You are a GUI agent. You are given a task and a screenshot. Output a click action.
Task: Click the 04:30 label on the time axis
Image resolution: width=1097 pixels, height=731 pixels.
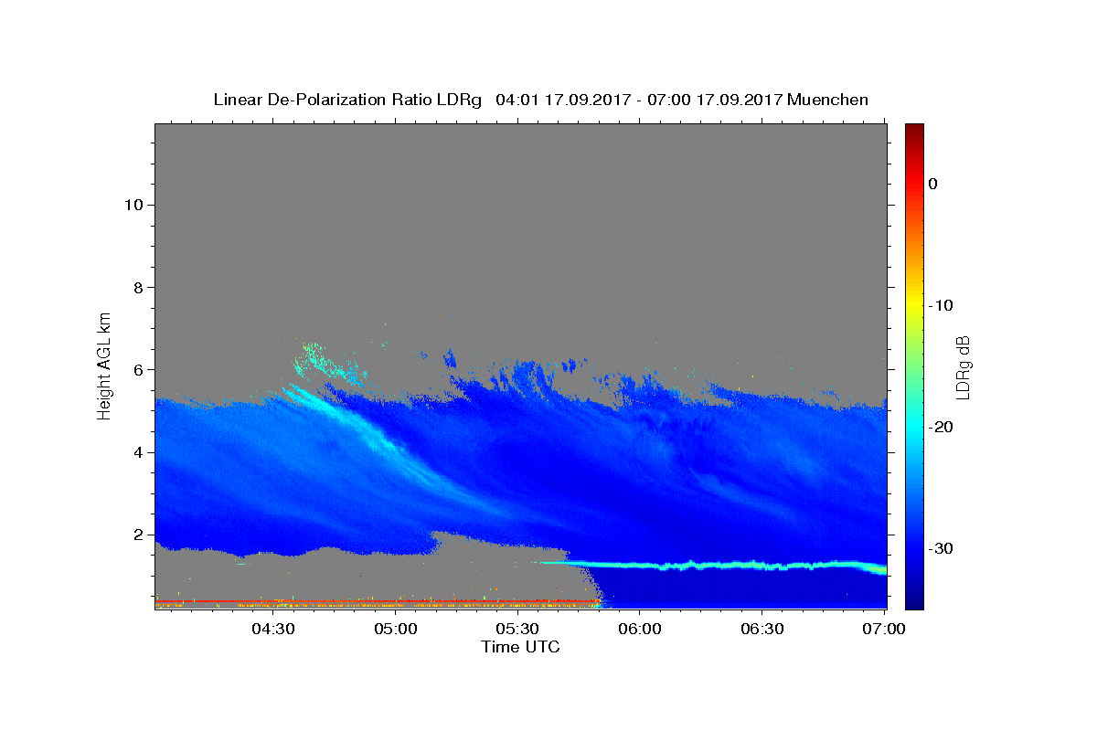click(x=272, y=629)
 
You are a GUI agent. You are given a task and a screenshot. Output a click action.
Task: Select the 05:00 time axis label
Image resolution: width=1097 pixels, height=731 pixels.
click(x=395, y=629)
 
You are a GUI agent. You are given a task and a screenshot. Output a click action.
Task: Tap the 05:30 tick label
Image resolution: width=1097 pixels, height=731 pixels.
click(x=517, y=629)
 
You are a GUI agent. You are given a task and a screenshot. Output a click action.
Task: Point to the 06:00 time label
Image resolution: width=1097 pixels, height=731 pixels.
click(x=640, y=629)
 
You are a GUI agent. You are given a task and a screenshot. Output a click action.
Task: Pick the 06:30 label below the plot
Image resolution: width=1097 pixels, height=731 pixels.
click(x=762, y=629)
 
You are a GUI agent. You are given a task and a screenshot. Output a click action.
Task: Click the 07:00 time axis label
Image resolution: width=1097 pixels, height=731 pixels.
click(x=884, y=629)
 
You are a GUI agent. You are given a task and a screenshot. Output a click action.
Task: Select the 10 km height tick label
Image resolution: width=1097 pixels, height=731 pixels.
click(x=133, y=205)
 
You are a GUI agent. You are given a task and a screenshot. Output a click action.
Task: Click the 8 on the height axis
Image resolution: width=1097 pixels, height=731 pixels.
click(x=138, y=288)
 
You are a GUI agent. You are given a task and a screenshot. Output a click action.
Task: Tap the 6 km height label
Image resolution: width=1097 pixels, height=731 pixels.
click(x=138, y=370)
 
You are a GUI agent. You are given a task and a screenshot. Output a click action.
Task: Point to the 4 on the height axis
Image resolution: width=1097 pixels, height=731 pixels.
click(x=138, y=452)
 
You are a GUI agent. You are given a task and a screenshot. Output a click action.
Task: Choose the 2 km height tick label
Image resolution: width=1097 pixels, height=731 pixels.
click(x=138, y=535)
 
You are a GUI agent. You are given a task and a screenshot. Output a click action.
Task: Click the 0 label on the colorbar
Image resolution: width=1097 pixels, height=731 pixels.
click(x=933, y=184)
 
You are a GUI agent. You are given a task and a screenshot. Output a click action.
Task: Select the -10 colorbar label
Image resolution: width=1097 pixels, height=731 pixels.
click(x=941, y=305)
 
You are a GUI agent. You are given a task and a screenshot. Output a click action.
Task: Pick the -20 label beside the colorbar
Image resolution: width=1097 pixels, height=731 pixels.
click(x=941, y=427)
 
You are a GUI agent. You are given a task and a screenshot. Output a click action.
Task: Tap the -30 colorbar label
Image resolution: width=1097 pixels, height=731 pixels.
click(x=941, y=548)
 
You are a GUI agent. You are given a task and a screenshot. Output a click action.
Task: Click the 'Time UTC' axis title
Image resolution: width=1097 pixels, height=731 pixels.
click(x=520, y=647)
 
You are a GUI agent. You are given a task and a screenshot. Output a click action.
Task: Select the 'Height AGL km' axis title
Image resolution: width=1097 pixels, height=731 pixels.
click(x=104, y=366)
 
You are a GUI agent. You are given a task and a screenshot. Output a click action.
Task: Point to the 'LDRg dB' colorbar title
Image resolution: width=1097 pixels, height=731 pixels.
click(x=964, y=367)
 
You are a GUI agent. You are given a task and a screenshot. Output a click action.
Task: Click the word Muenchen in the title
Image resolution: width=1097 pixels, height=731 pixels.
click(x=827, y=100)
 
